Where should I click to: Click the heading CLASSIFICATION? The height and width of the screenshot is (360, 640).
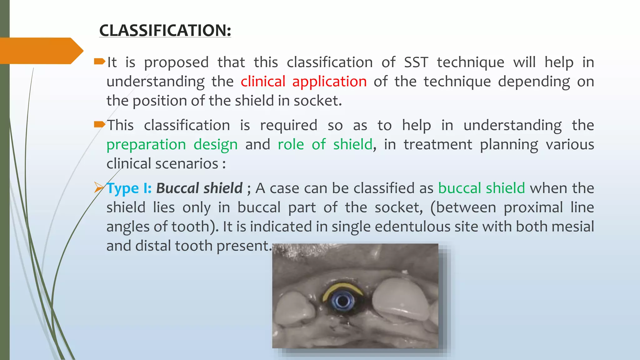[165, 31]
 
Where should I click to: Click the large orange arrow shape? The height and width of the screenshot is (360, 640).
[41, 51]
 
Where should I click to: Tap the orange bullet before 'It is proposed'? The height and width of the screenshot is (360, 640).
[99, 62]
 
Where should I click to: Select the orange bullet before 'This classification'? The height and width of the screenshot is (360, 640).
[99, 125]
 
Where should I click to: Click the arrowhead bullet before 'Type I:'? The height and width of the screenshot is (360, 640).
[99, 188]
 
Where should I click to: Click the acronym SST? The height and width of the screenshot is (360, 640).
[416, 62]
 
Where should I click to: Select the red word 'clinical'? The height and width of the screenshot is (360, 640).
[263, 82]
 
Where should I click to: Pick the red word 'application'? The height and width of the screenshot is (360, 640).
[329, 82]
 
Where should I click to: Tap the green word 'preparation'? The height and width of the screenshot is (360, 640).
[146, 145]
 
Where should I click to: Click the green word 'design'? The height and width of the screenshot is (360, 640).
[215, 145]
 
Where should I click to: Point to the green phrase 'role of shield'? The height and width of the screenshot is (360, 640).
[325, 145]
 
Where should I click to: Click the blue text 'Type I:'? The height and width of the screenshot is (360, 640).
[129, 188]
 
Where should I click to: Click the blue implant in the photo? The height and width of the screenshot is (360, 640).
[343, 301]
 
